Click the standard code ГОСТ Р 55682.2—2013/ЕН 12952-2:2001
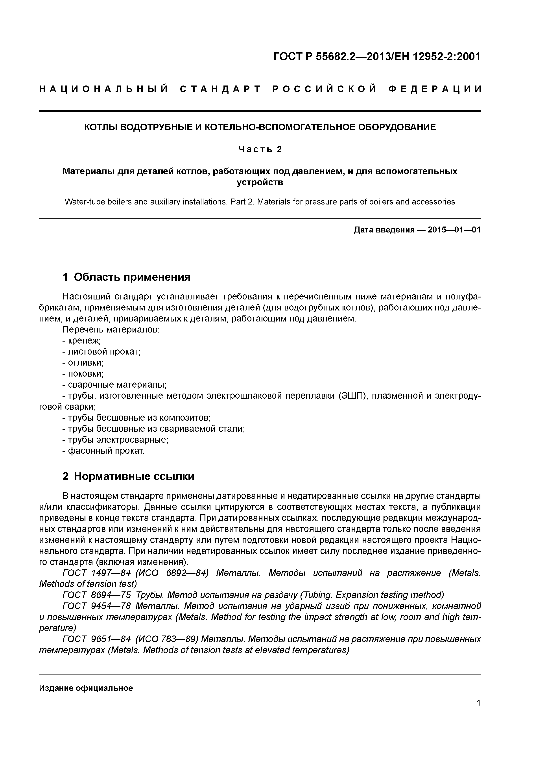[x=377, y=57]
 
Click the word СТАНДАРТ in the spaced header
[x=220, y=89]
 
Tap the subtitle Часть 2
[x=260, y=149]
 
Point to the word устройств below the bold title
[x=260, y=182]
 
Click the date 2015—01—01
[x=454, y=230]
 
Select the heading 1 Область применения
[x=127, y=277]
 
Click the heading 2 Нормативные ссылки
[x=129, y=476]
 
